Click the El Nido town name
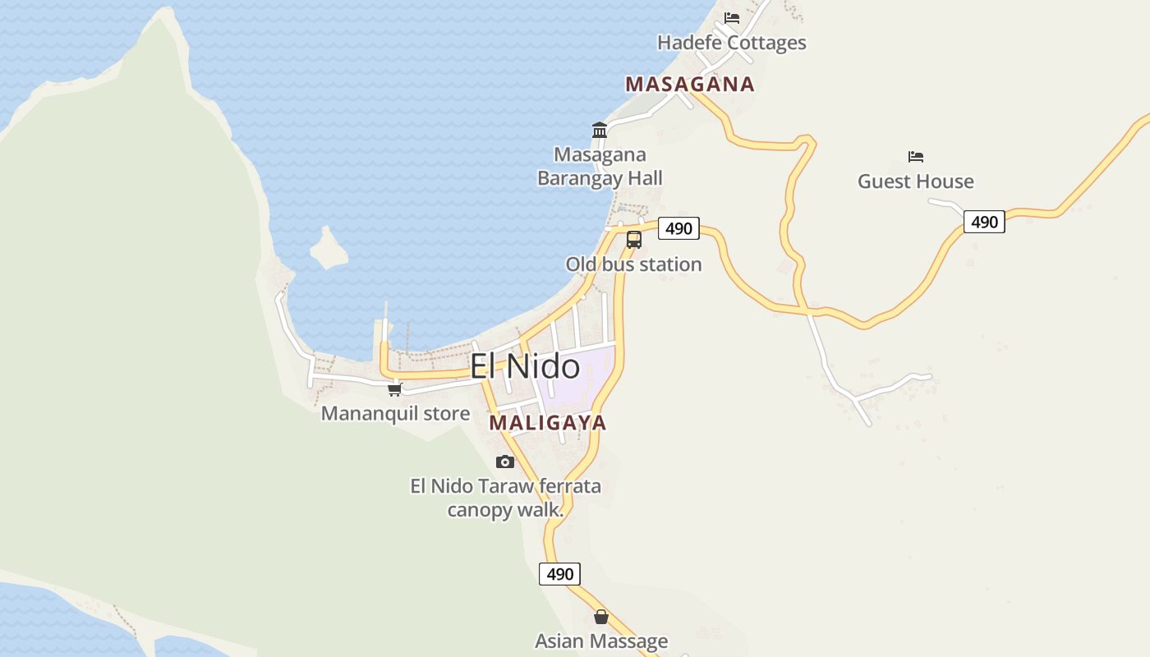click(525, 366)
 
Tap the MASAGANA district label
click(689, 84)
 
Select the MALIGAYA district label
click(548, 423)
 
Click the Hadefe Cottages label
click(732, 43)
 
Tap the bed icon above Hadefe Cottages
click(732, 17)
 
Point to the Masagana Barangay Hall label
click(600, 167)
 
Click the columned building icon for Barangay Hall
click(600, 130)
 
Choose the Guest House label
click(916, 181)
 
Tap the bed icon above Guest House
click(916, 156)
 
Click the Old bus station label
click(633, 264)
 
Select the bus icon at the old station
click(634, 240)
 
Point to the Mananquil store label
click(395, 414)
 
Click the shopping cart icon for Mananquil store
click(395, 390)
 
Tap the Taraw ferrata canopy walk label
click(505, 498)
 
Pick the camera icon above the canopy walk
click(505, 462)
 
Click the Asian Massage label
click(601, 641)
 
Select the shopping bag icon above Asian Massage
click(601, 617)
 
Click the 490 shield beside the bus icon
click(678, 228)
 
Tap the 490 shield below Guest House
click(984, 222)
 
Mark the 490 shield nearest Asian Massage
click(559, 574)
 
